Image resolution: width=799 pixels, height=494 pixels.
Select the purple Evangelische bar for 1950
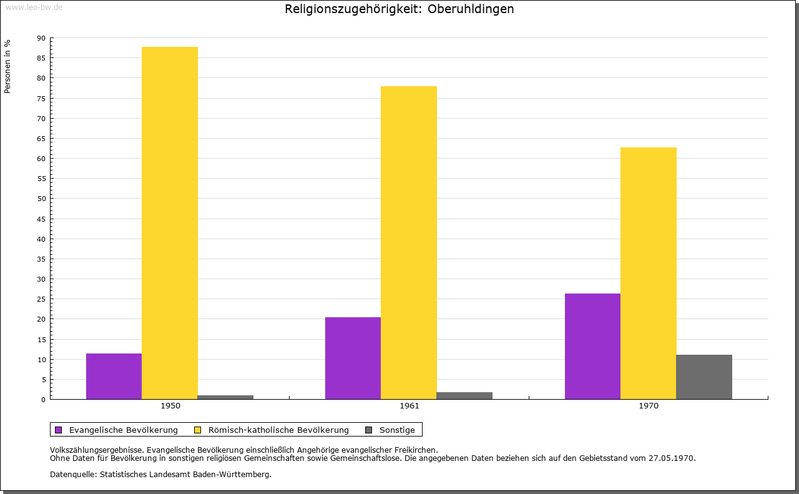(x=114, y=376)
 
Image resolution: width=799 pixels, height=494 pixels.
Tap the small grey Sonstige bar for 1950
(x=225, y=397)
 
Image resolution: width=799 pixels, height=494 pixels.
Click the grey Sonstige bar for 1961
(x=464, y=395)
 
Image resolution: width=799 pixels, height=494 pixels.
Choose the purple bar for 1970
(x=592, y=346)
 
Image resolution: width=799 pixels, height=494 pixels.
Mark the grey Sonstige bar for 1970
(x=704, y=377)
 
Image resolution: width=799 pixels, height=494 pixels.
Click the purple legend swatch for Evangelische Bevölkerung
(x=59, y=430)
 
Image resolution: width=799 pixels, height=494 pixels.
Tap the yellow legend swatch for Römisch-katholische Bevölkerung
(x=197, y=430)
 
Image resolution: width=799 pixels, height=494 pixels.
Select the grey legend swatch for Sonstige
(x=368, y=430)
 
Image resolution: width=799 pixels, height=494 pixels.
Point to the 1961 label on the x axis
(x=409, y=406)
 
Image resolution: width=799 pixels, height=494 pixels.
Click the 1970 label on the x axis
(x=649, y=406)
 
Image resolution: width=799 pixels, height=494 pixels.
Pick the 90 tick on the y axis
(x=41, y=38)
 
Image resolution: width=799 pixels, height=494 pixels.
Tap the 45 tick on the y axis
(x=41, y=219)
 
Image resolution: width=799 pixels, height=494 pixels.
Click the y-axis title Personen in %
(x=7, y=67)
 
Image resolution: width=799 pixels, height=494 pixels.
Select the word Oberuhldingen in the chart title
(x=471, y=9)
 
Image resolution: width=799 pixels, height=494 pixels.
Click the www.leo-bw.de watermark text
(x=34, y=7)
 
